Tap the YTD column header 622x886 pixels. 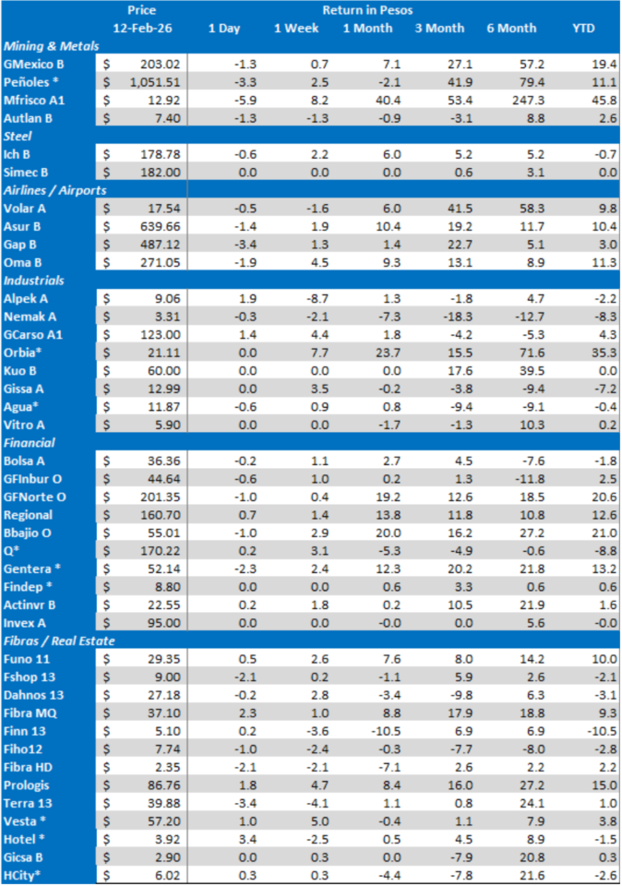582,29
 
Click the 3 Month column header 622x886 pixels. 439,29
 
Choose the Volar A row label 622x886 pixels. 25,208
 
